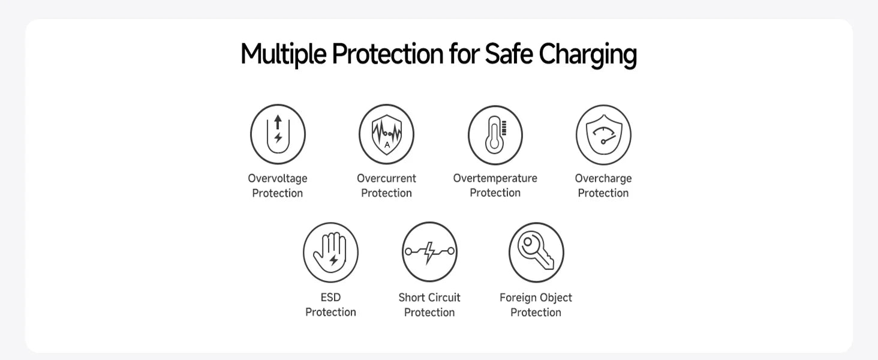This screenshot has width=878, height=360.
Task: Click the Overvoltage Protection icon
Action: [278, 134]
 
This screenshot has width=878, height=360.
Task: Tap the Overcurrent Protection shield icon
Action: [386, 134]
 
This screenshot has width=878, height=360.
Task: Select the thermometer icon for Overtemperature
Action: [495, 135]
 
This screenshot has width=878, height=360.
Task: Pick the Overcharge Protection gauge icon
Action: [603, 135]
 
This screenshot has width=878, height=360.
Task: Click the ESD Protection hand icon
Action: [330, 252]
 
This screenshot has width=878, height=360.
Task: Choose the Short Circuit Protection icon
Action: [429, 252]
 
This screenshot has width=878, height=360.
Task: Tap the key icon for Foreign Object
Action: [536, 252]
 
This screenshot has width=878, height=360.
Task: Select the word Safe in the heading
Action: [509, 55]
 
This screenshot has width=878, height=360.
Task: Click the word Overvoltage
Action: [278, 178]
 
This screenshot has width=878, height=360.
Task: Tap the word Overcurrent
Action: [386, 178]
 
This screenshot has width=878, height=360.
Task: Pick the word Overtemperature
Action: [495, 178]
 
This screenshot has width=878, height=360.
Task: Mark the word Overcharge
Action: [603, 178]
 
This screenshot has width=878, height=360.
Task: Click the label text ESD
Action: [330, 298]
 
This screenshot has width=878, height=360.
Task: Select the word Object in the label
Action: [554, 298]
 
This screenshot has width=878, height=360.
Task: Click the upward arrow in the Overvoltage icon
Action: [278, 122]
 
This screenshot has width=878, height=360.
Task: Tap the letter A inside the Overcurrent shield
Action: [387, 145]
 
